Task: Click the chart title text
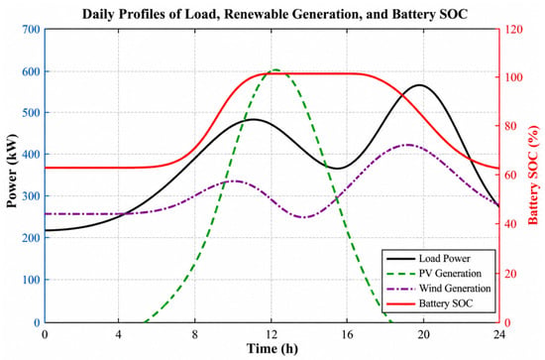pyautogui.click(x=274, y=14)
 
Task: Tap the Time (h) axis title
pyautogui.click(x=272, y=349)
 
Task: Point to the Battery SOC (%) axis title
pyautogui.click(x=533, y=176)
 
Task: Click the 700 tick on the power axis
pyautogui.click(x=32, y=30)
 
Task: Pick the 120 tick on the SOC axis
pyautogui.click(x=513, y=30)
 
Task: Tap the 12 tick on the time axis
pyautogui.click(x=272, y=334)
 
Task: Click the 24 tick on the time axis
pyautogui.click(x=499, y=334)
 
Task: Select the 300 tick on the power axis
pyautogui.click(x=32, y=196)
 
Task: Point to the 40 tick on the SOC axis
pyautogui.click(x=509, y=224)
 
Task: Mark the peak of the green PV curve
pyautogui.click(x=275, y=69)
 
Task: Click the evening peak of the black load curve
pyautogui.click(x=420, y=85)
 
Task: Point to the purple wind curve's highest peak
pyautogui.click(x=408, y=145)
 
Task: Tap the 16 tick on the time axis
pyautogui.click(x=347, y=334)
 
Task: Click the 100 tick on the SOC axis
pyautogui.click(x=513, y=77)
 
